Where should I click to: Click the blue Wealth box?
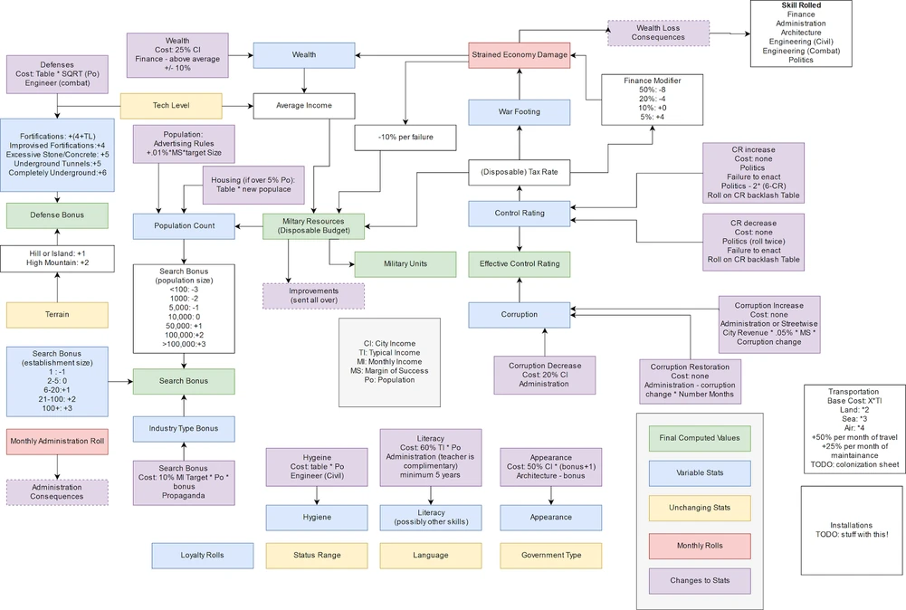(303, 55)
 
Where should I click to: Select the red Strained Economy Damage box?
(520, 55)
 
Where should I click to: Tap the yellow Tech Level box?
(171, 106)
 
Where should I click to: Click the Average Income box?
(303, 106)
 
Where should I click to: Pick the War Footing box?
(520, 112)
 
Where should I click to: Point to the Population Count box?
(184, 226)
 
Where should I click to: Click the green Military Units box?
(405, 263)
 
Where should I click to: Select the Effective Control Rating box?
(520, 264)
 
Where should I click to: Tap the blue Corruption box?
(520, 315)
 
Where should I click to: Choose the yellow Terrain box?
(57, 315)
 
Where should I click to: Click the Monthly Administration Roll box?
(57, 443)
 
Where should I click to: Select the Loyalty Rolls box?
(203, 555)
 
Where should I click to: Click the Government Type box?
(551, 555)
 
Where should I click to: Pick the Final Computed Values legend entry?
(700, 438)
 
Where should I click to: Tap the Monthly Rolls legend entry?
(700, 546)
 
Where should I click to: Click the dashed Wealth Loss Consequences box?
(658, 33)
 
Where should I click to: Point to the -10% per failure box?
(405, 138)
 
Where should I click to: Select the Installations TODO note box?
(852, 529)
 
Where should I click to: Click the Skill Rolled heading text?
(800, 5)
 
